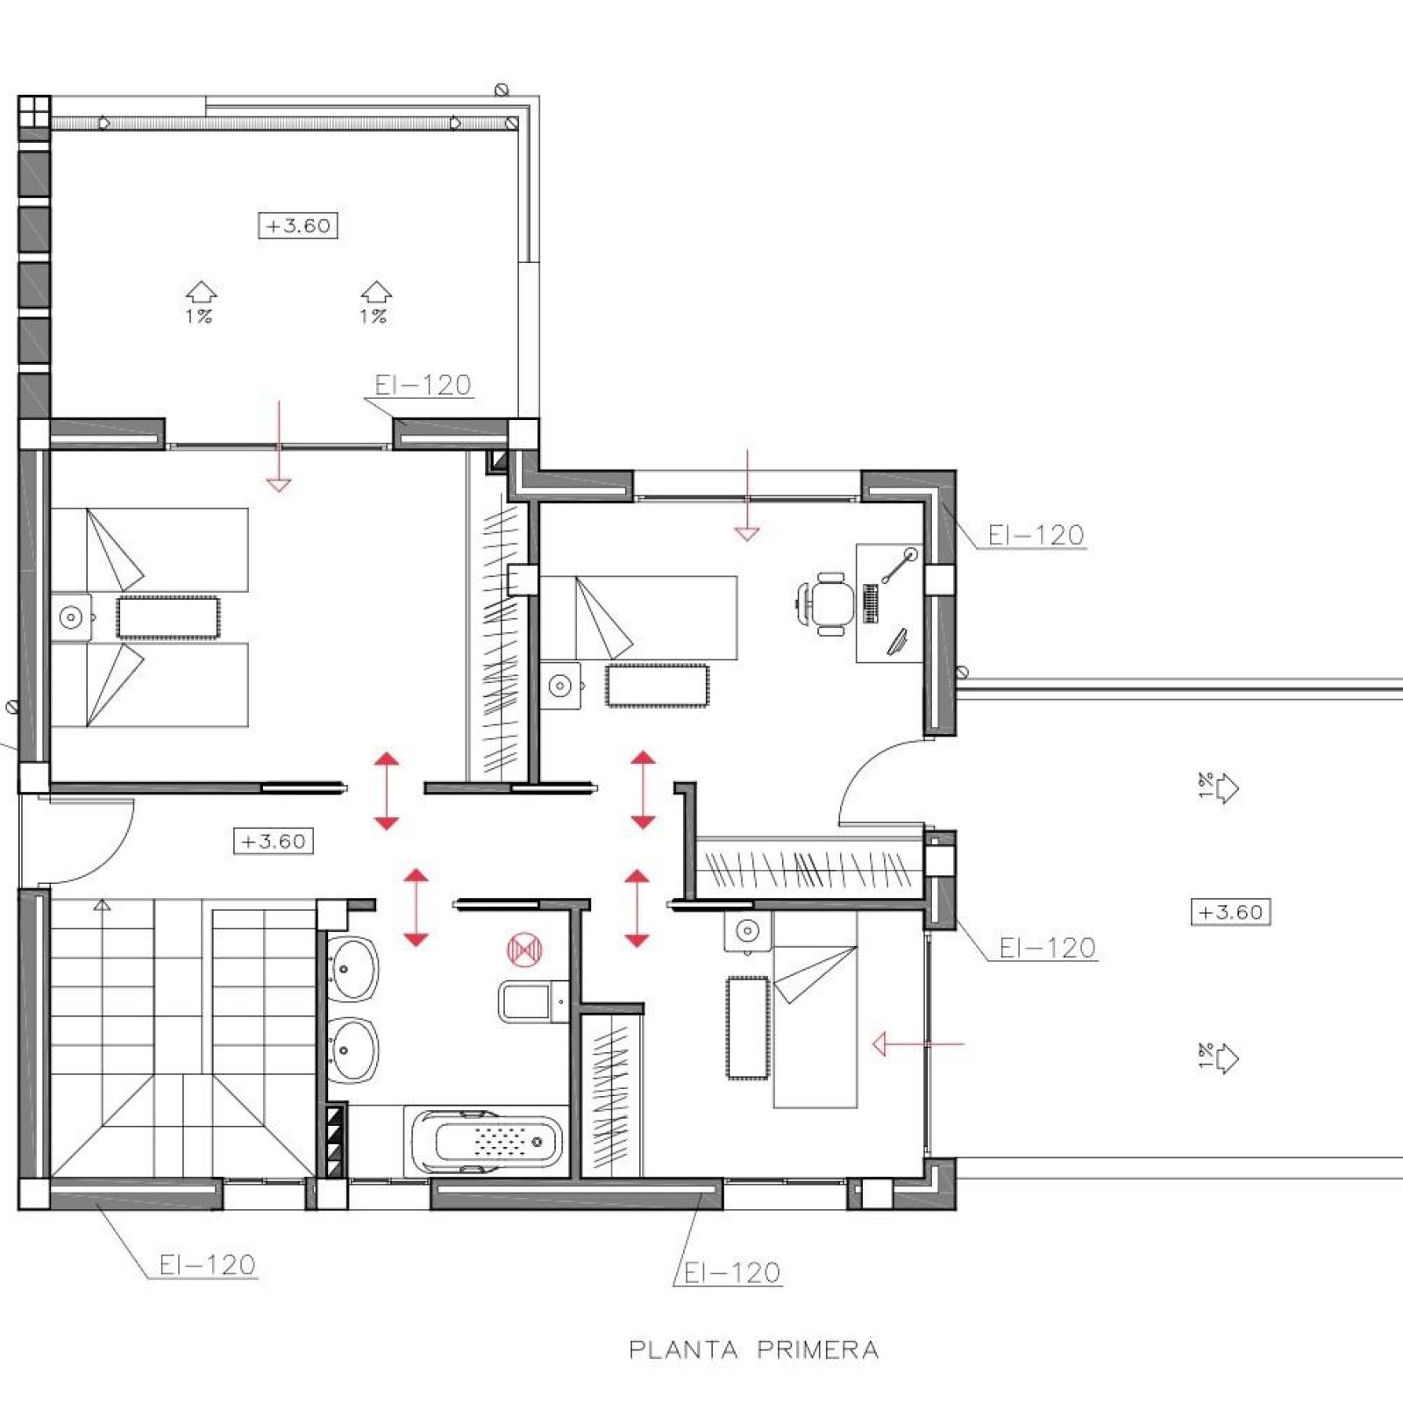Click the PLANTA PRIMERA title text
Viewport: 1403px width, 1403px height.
pyautogui.click(x=753, y=1350)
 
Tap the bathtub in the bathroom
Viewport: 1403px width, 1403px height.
pyautogui.click(x=487, y=1141)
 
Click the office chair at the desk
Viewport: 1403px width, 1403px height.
pyautogui.click(x=825, y=603)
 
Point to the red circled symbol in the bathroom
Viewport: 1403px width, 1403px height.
pyautogui.click(x=524, y=950)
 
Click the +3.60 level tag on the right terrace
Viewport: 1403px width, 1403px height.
pyautogui.click(x=1230, y=912)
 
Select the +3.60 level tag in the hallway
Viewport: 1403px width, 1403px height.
pyautogui.click(x=274, y=841)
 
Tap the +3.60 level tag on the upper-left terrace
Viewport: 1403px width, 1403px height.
pyautogui.click(x=298, y=225)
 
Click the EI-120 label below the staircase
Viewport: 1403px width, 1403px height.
pyautogui.click(x=208, y=1264)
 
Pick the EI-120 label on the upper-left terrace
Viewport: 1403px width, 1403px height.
pyautogui.click(x=424, y=385)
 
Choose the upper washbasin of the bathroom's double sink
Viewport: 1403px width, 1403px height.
pyautogui.click(x=353, y=969)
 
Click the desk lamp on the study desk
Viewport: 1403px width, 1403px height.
pyautogui.click(x=899, y=566)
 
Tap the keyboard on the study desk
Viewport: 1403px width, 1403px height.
pyautogui.click(x=870, y=603)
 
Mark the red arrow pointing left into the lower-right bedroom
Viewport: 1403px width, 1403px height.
pyautogui.click(x=918, y=1043)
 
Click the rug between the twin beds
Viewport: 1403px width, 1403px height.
pyautogui.click(x=168, y=617)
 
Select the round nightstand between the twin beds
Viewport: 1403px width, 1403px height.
pyautogui.click(x=71, y=617)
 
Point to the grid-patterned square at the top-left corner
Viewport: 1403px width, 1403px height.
pyautogui.click(x=34, y=111)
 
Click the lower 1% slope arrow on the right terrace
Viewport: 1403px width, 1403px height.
pyautogui.click(x=1219, y=1058)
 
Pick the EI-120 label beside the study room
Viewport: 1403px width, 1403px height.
pyautogui.click(x=1036, y=535)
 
